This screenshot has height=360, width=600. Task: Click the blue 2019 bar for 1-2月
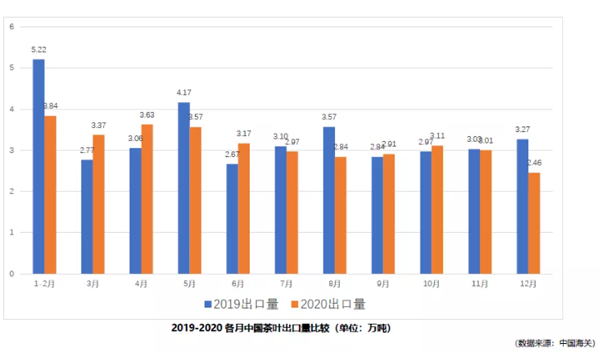[x=38, y=166]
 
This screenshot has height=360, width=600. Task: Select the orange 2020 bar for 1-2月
[x=50, y=194]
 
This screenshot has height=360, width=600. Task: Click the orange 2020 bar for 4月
[x=147, y=198]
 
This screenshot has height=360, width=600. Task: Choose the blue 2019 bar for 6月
[x=232, y=218]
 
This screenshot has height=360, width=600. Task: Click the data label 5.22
[x=40, y=49]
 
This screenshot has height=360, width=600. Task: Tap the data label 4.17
[x=184, y=92]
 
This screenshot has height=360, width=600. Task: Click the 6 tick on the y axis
[x=10, y=26]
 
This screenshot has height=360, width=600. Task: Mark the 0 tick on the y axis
[x=10, y=273]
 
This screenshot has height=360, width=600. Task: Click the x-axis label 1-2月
[x=44, y=284]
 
